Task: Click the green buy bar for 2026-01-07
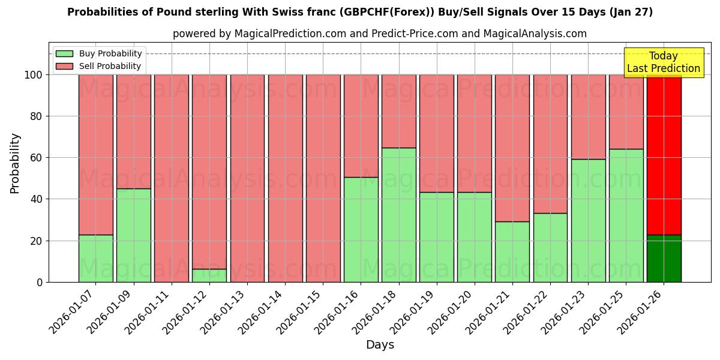95,258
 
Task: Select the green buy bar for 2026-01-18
399,215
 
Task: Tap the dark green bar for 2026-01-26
664,258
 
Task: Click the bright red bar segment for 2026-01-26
664,155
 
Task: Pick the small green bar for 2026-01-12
209,275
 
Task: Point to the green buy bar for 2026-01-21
512,252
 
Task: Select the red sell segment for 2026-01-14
285,178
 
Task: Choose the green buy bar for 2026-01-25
626,215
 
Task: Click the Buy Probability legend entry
100,53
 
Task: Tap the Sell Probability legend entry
100,66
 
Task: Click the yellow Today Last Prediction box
664,62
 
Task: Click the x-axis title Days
380,345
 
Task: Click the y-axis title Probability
15,163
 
